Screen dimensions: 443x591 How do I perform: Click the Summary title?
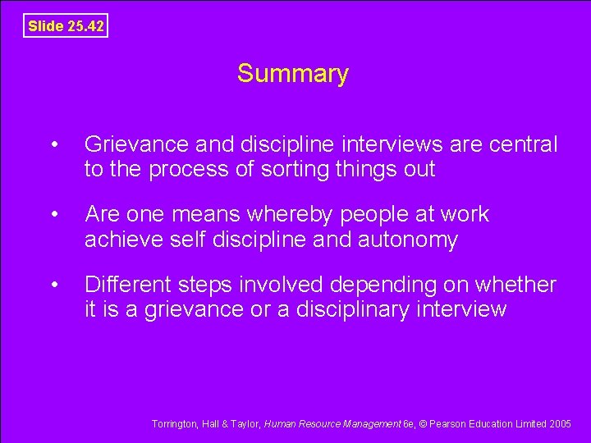pos(293,74)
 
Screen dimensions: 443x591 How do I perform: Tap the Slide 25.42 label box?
pos(66,26)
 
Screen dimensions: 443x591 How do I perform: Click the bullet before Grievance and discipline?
pos(54,146)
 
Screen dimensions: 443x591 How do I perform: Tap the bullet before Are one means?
pos(54,215)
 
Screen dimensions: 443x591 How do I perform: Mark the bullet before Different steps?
pos(54,285)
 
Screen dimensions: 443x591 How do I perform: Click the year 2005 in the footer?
pos(561,423)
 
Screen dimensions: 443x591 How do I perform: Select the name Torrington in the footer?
pos(173,423)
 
